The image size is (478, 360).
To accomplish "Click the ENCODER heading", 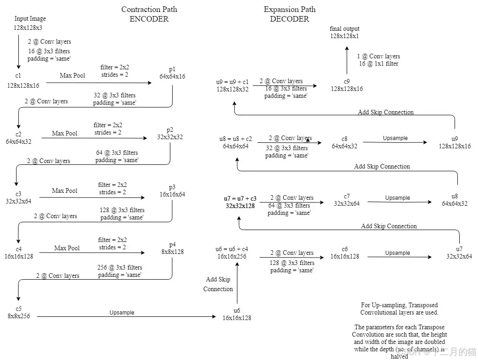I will point(149,19).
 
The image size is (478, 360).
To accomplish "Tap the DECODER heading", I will point(289,19).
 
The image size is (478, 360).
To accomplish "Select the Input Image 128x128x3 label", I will point(30,23).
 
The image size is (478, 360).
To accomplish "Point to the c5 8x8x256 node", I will point(18,312).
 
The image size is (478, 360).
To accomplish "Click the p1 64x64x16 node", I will point(172,73).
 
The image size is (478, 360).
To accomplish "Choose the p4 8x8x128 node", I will point(172,248).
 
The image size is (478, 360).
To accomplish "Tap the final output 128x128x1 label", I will point(344,32).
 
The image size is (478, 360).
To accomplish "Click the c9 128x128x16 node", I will point(347,85).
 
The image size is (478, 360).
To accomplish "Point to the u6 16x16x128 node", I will point(237,314).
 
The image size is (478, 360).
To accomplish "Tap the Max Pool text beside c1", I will point(73,75).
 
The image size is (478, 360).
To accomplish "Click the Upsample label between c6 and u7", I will point(398,253).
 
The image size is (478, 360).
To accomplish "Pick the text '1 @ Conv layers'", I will point(378,56).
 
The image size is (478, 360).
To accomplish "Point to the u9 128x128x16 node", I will point(455,142).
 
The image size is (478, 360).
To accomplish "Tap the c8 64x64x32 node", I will point(344,142).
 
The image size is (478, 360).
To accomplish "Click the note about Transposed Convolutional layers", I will point(399,309).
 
